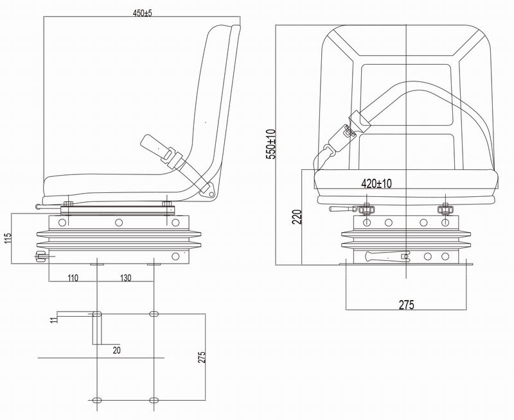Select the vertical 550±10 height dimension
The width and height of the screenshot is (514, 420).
click(x=270, y=144)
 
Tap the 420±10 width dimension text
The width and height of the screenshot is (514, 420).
click(x=377, y=183)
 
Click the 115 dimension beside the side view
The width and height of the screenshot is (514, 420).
click(x=8, y=239)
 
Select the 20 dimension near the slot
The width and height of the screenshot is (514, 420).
click(x=116, y=350)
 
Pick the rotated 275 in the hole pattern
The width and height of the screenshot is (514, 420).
click(x=201, y=358)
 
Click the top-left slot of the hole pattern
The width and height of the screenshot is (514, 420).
click(x=96, y=314)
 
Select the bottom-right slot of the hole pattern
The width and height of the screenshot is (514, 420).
click(x=154, y=400)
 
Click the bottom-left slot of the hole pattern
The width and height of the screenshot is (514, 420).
click(x=96, y=400)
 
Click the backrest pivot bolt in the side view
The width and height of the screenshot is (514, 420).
click(x=208, y=189)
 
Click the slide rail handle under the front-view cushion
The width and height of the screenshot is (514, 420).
click(x=341, y=209)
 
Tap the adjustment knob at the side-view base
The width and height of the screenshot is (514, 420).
click(x=41, y=256)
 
